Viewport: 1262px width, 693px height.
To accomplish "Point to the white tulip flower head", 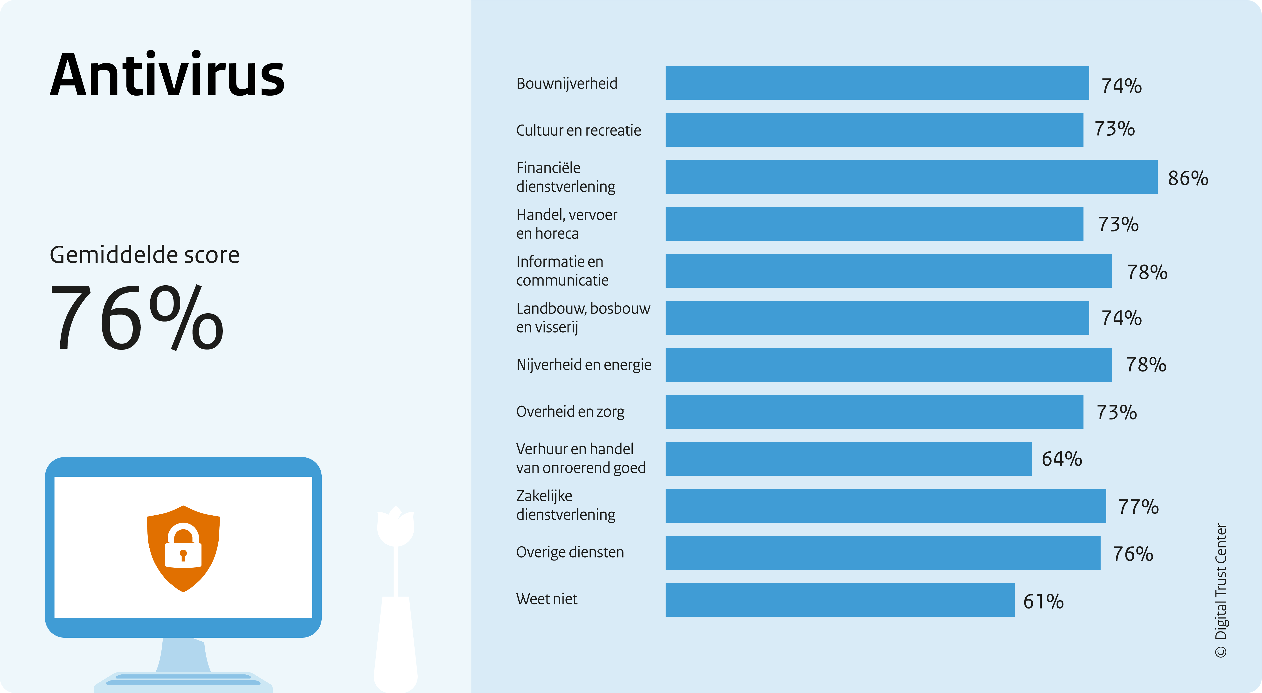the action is [x=395, y=526].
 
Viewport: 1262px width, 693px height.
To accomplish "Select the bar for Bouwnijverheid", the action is [x=877, y=83].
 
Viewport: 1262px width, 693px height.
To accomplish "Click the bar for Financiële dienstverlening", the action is [x=911, y=177].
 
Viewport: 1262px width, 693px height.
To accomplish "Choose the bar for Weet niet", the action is [x=840, y=600].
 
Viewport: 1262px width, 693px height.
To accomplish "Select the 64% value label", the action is [x=1062, y=459].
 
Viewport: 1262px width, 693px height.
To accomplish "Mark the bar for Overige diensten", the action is [x=883, y=553].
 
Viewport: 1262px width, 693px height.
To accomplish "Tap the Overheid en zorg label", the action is [x=570, y=412].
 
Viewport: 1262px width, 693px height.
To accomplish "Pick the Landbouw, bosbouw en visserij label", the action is [x=583, y=318].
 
